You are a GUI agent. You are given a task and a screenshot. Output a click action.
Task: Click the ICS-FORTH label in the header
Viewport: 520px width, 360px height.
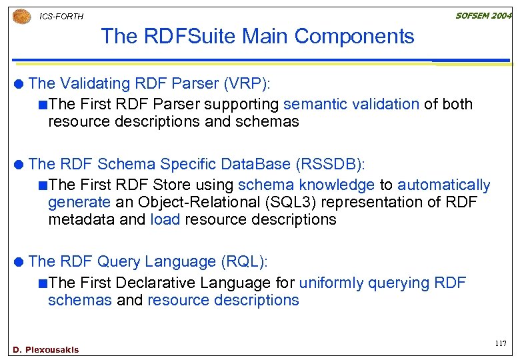coord(61,16)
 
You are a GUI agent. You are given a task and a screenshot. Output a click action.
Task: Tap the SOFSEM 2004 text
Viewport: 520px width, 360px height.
coord(483,15)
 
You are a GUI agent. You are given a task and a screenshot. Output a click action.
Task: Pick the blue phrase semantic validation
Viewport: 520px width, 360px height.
coord(351,104)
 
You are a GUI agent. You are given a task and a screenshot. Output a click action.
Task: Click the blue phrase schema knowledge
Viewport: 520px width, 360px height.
coord(306,185)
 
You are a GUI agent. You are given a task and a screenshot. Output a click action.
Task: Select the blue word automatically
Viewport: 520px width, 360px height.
coord(444,185)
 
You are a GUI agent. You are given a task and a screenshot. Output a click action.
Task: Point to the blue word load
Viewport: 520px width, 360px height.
coord(165,219)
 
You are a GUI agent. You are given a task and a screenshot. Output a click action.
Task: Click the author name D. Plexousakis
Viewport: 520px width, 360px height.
coord(45,349)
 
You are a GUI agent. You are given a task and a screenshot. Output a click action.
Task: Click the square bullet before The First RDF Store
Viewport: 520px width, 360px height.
coord(43,185)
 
